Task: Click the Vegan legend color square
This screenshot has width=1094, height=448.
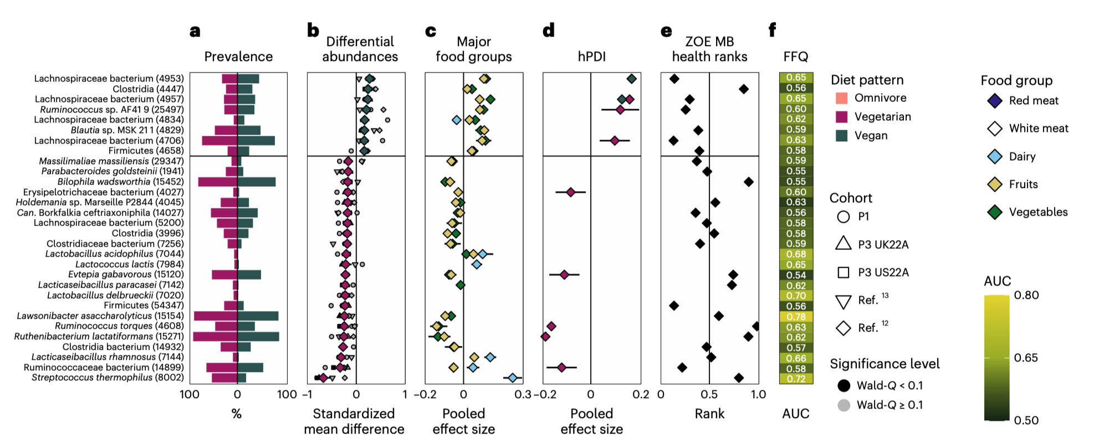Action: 841,136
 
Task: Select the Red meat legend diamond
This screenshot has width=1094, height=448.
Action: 995,101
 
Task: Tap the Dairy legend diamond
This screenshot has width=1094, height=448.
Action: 995,157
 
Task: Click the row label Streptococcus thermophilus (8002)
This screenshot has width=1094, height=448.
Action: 108,378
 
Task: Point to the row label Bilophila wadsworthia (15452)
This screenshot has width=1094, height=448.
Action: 120,182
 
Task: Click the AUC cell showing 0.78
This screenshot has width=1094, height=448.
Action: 796,317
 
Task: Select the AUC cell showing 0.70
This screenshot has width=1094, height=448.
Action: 796,296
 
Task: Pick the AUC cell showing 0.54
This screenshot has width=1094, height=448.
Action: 796,275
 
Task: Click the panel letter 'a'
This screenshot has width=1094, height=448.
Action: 195,31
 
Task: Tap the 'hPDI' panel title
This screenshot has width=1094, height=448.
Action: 591,57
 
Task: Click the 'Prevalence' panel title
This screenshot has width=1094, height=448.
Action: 238,57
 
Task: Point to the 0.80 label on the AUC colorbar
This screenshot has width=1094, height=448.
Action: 1026,296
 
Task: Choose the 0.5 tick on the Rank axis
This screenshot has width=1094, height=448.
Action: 709,395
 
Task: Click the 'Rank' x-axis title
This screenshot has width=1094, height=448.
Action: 709,414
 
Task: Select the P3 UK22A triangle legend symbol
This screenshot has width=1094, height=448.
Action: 843,244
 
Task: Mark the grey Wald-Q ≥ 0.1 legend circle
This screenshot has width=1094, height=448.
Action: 843,405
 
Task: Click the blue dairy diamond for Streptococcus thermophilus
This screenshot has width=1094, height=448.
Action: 513,378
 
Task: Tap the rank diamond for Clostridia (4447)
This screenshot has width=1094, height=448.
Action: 744,89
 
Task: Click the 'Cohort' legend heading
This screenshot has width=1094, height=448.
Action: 851,198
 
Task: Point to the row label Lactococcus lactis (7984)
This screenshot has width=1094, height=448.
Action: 129,264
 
